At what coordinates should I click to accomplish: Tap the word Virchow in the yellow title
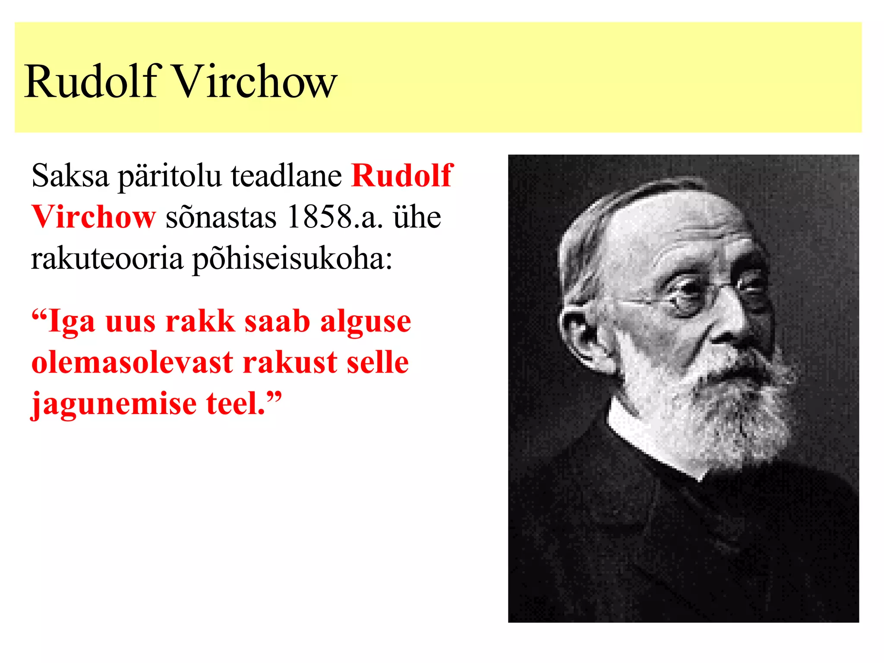tap(255, 82)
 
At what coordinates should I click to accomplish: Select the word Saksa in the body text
tap(70, 176)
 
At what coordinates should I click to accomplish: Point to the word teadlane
tap(286, 176)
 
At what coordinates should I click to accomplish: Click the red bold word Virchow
tap(93, 217)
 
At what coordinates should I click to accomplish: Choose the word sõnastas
tap(221, 217)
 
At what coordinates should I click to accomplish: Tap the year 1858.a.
tap(335, 217)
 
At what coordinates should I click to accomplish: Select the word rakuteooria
tap(107, 259)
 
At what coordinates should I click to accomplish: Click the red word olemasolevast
tap(133, 363)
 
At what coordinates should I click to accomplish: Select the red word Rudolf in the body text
tap(402, 176)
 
